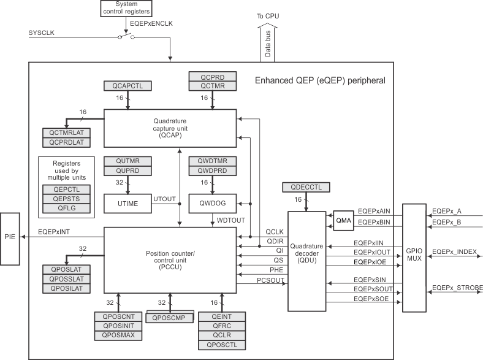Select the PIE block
pyautogui.click(x=10, y=236)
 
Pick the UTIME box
pyautogui.click(x=127, y=202)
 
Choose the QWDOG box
pyautogui.click(x=213, y=202)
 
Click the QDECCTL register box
pyautogui.click(x=306, y=187)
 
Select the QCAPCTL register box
pyautogui.click(x=127, y=86)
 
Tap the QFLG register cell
pyautogui.click(x=66, y=209)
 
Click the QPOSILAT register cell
pyautogui.click(x=66, y=289)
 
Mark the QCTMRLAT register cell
pyautogui.click(x=66, y=133)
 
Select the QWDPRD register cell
pyautogui.click(x=213, y=170)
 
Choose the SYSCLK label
pyautogui.click(x=42, y=32)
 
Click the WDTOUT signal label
pyautogui.click(x=230, y=219)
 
